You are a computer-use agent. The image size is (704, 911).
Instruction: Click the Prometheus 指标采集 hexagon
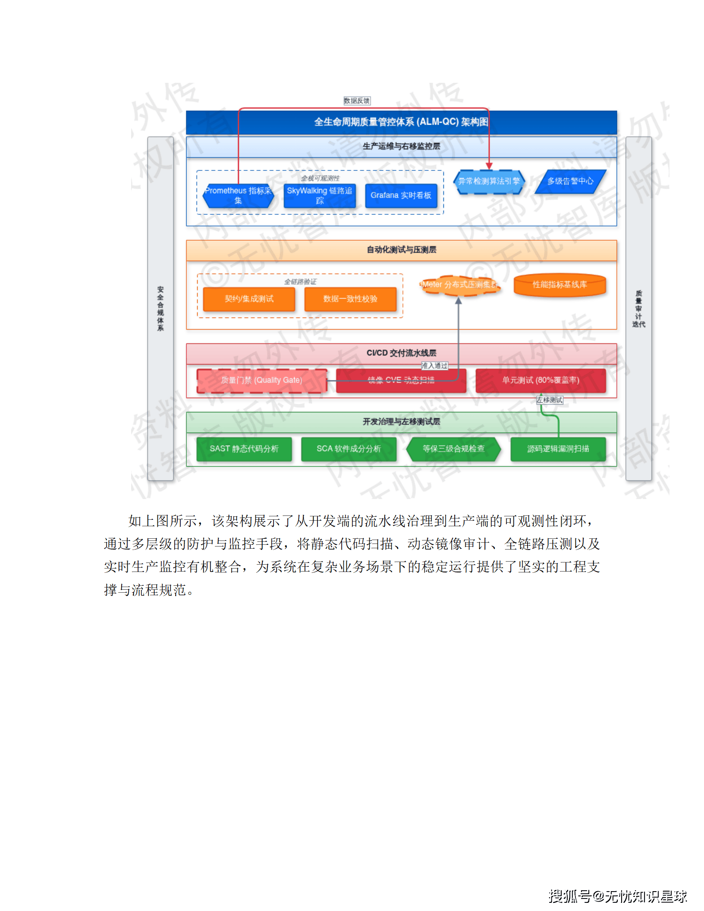click(238, 195)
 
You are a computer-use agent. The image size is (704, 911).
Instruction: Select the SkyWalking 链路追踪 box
click(319, 195)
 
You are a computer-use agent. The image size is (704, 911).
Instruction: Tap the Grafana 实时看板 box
click(401, 195)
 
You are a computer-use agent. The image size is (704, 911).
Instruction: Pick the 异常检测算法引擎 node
click(489, 182)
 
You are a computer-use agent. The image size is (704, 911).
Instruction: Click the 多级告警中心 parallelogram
click(570, 182)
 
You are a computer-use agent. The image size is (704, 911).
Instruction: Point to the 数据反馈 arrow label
click(357, 101)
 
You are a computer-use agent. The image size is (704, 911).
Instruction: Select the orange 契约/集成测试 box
click(249, 299)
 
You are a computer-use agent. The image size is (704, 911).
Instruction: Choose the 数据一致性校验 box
click(350, 299)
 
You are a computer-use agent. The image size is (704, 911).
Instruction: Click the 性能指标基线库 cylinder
click(559, 285)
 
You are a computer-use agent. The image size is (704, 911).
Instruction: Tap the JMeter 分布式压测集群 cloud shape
click(460, 285)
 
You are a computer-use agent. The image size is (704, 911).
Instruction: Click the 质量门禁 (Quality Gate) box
click(261, 380)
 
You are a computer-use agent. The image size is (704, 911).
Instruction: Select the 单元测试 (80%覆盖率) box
click(541, 380)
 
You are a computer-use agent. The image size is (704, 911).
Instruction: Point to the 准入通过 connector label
click(434, 366)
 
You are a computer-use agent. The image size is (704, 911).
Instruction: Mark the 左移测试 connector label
click(550, 400)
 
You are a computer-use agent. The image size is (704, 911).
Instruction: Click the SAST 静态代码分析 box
click(244, 449)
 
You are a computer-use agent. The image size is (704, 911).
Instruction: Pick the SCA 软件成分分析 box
click(349, 449)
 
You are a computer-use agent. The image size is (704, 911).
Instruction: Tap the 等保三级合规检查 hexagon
click(453, 449)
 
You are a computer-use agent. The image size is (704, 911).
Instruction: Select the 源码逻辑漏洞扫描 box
click(558, 449)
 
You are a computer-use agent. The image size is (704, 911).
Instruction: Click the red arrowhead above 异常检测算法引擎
click(489, 166)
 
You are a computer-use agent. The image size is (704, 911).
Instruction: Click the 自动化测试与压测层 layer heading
click(401, 250)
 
